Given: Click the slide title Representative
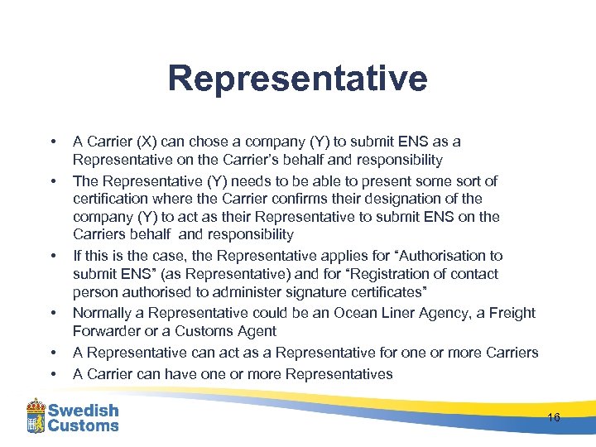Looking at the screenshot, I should click(x=297, y=79).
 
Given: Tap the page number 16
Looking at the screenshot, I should click(x=554, y=417).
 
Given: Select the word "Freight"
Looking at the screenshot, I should click(x=512, y=313).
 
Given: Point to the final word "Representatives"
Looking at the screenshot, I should click(x=337, y=374).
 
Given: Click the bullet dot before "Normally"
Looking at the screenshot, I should click(x=52, y=313).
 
